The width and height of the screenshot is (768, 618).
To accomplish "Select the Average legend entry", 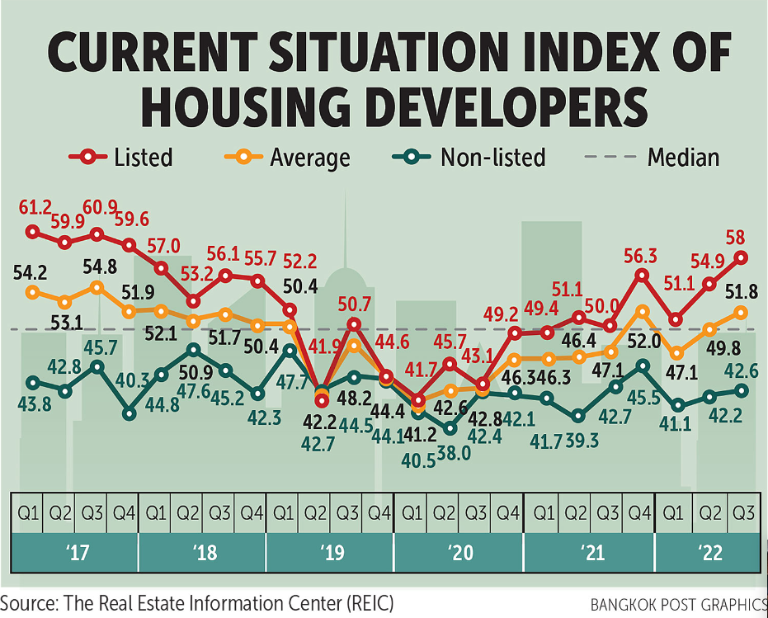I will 289,157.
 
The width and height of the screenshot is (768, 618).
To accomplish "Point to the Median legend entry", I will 660,157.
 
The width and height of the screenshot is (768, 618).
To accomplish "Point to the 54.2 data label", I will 31,271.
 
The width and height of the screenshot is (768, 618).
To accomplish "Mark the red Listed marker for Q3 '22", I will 741,257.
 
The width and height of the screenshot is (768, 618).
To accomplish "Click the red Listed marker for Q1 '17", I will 33,232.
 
